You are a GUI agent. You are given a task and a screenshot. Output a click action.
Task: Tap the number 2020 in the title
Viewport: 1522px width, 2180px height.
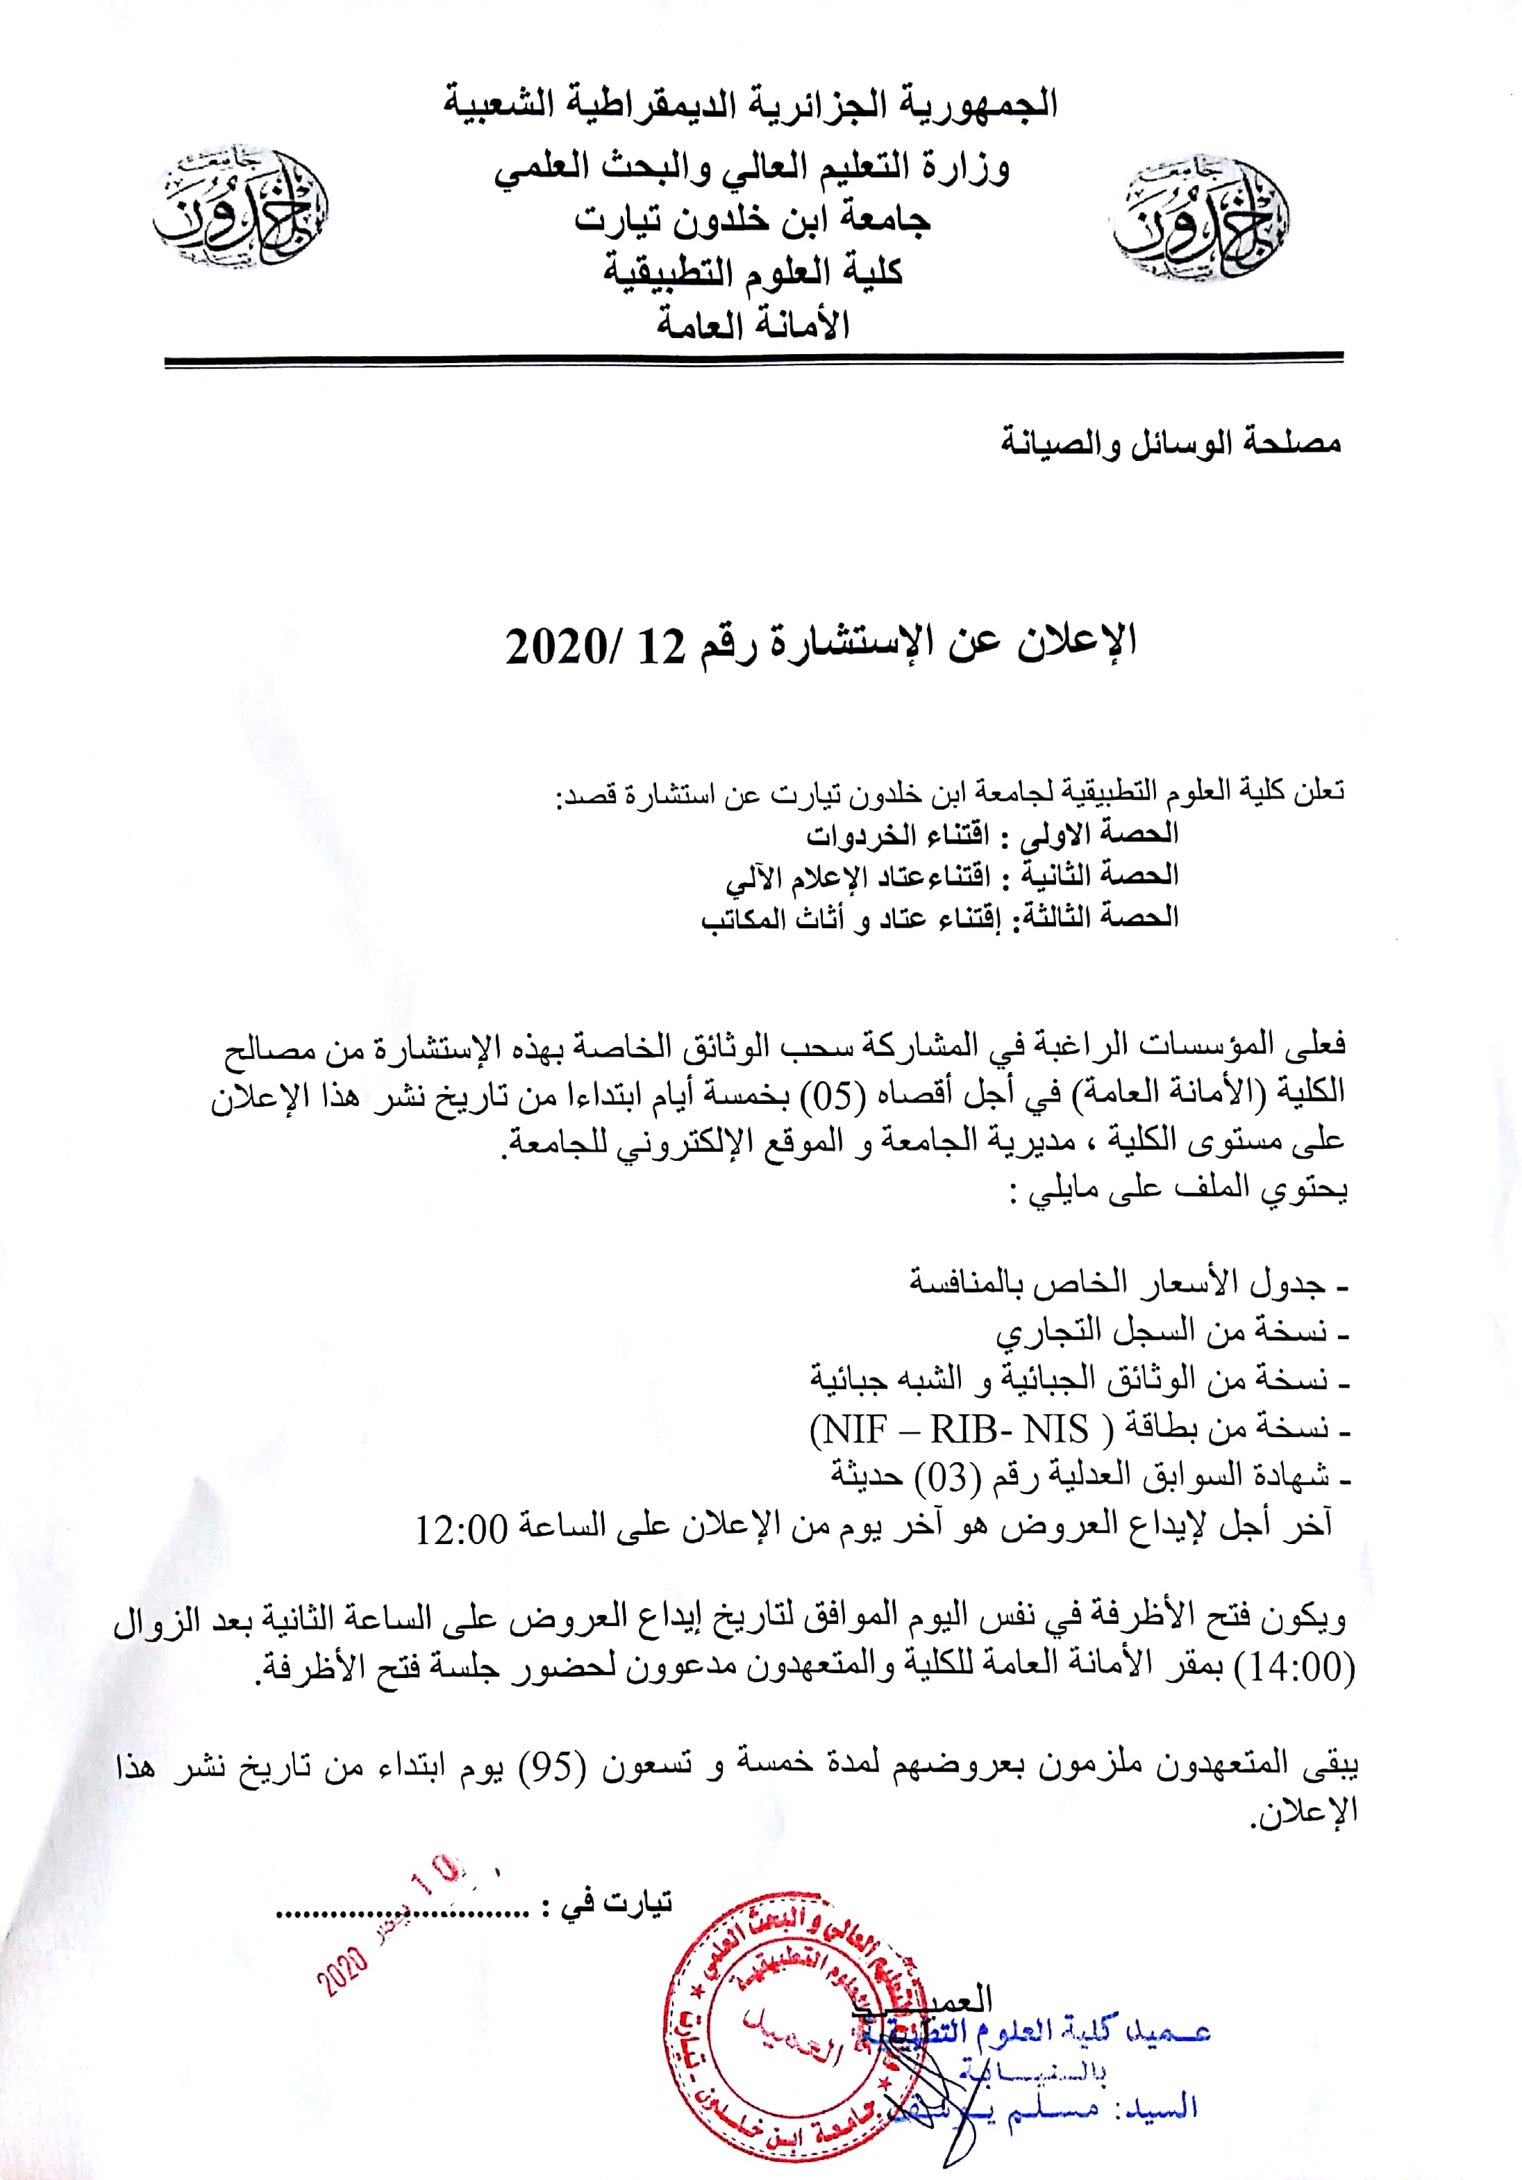pyautogui.click(x=555, y=646)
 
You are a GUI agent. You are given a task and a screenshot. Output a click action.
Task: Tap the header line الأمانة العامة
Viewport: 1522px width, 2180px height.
pyautogui.click(x=753, y=326)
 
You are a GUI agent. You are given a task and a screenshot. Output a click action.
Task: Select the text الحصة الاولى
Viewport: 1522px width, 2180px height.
pyautogui.click(x=1098, y=834)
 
